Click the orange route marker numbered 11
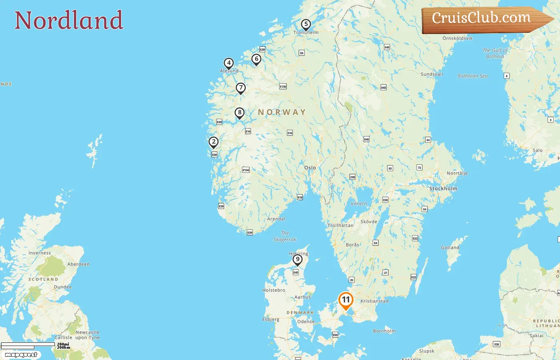[x=346, y=300]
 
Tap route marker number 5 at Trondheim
[x=306, y=24]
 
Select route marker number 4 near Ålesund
[x=229, y=63]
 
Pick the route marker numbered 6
[x=256, y=59]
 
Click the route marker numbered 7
[x=240, y=88]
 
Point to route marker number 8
[x=240, y=113]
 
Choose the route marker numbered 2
[x=214, y=142]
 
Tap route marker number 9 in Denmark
[x=298, y=260]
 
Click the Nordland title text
[x=69, y=20]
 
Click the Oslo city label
[x=310, y=168]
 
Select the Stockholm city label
[x=443, y=188]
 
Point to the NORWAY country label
[x=282, y=112]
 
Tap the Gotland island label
[x=450, y=248]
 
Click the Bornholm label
[x=384, y=331]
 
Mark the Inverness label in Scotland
[x=40, y=253]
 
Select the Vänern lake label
[x=359, y=204]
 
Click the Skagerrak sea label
[x=285, y=236]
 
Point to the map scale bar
[x=28, y=346]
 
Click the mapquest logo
[x=21, y=355]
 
